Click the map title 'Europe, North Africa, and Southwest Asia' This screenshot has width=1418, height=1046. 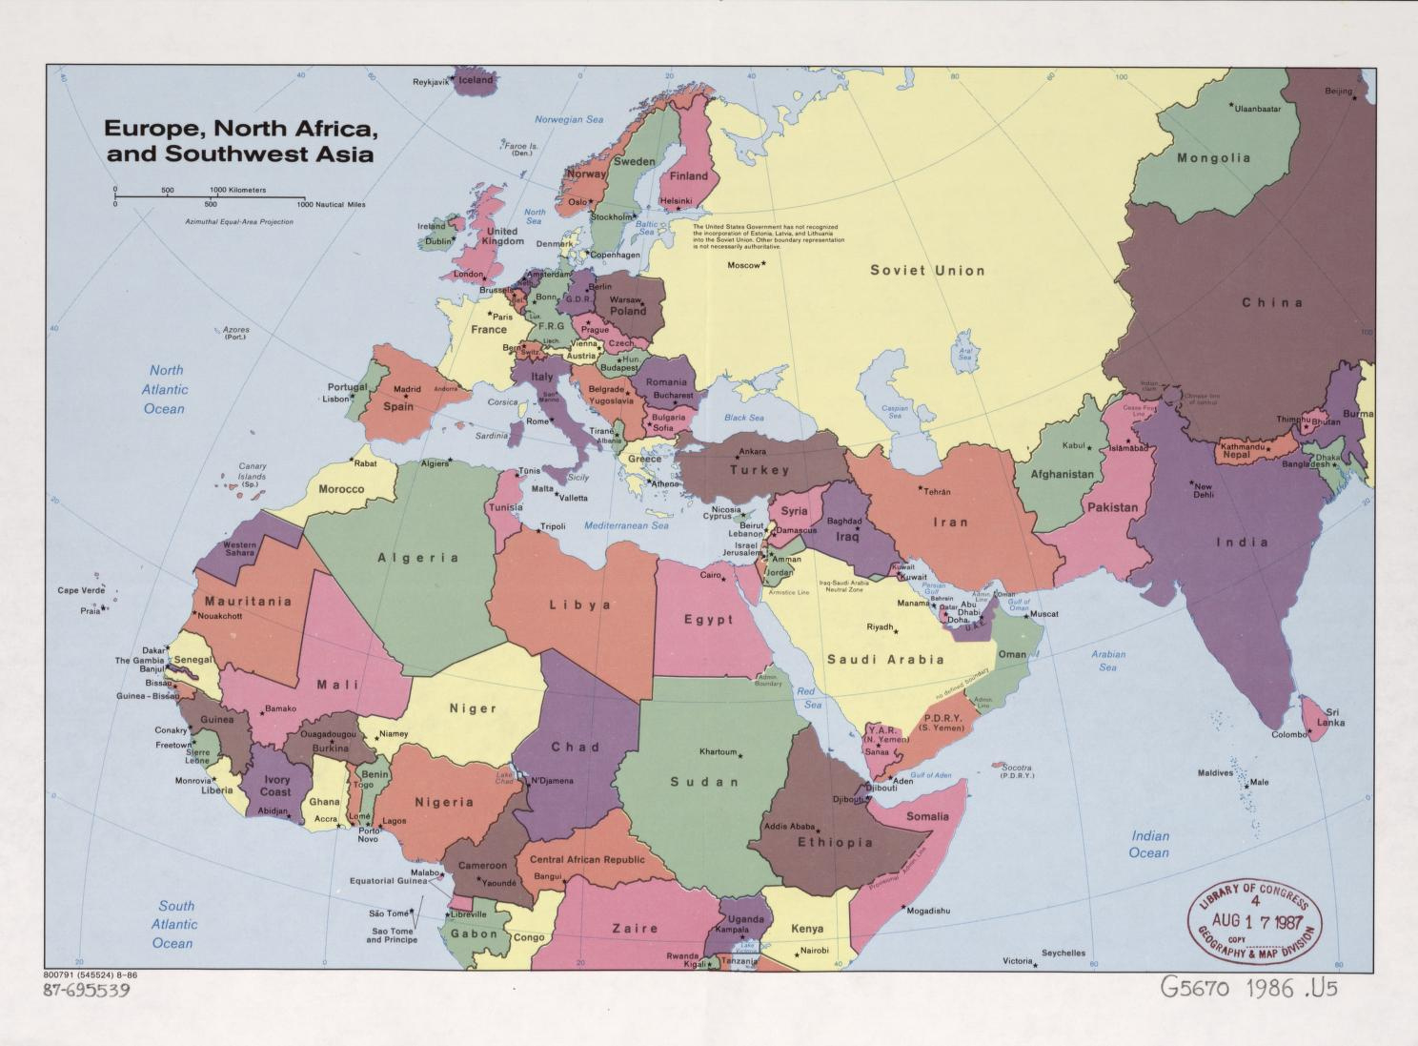238,140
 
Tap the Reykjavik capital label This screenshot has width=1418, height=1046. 430,82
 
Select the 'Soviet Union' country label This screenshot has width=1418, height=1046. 926,271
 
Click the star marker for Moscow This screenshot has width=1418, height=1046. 763,264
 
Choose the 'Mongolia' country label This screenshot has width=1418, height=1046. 1213,158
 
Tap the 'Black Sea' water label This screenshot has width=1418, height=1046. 743,418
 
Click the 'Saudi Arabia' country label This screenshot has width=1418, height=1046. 885,660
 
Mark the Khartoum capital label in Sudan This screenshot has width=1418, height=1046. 719,751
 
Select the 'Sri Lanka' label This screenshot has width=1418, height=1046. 1332,717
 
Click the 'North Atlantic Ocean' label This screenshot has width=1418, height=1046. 165,389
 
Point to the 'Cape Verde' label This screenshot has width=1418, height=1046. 81,590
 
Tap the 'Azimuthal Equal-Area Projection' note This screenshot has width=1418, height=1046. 239,221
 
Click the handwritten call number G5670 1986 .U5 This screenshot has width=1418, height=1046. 1248,988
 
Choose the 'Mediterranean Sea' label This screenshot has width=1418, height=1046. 626,525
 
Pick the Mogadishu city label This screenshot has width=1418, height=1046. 927,911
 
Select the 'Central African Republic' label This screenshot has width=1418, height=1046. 587,859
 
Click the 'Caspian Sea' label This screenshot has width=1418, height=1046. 895,412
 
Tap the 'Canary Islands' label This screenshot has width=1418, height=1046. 252,475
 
